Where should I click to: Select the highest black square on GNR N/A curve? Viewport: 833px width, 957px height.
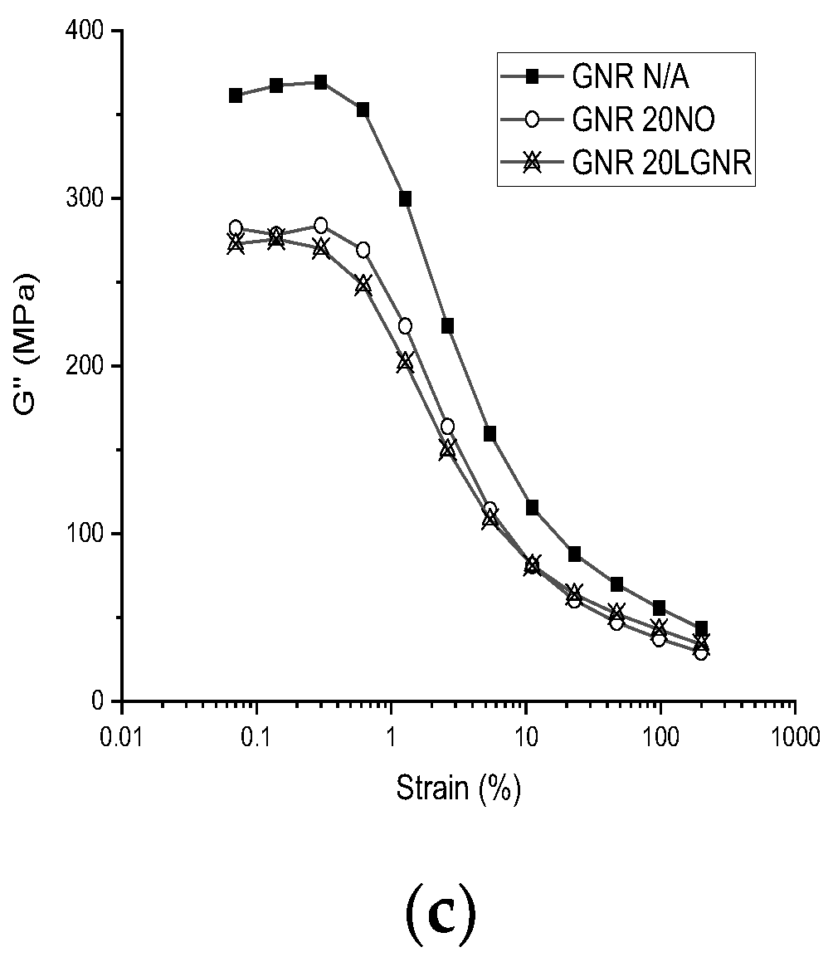point(320,82)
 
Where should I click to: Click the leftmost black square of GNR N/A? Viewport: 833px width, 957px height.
point(236,95)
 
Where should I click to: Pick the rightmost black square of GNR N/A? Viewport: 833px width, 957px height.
point(701,628)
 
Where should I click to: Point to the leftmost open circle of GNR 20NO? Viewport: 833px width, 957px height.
point(236,228)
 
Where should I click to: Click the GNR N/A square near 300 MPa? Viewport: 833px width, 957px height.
point(406,199)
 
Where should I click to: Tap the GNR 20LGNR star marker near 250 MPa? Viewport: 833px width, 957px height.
point(363,285)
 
